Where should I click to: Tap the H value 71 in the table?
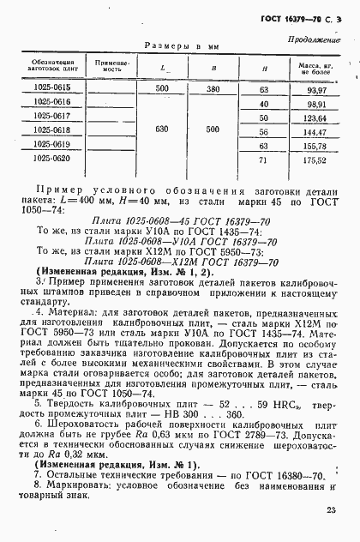coord(263,159)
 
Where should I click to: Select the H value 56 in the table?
coord(263,130)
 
